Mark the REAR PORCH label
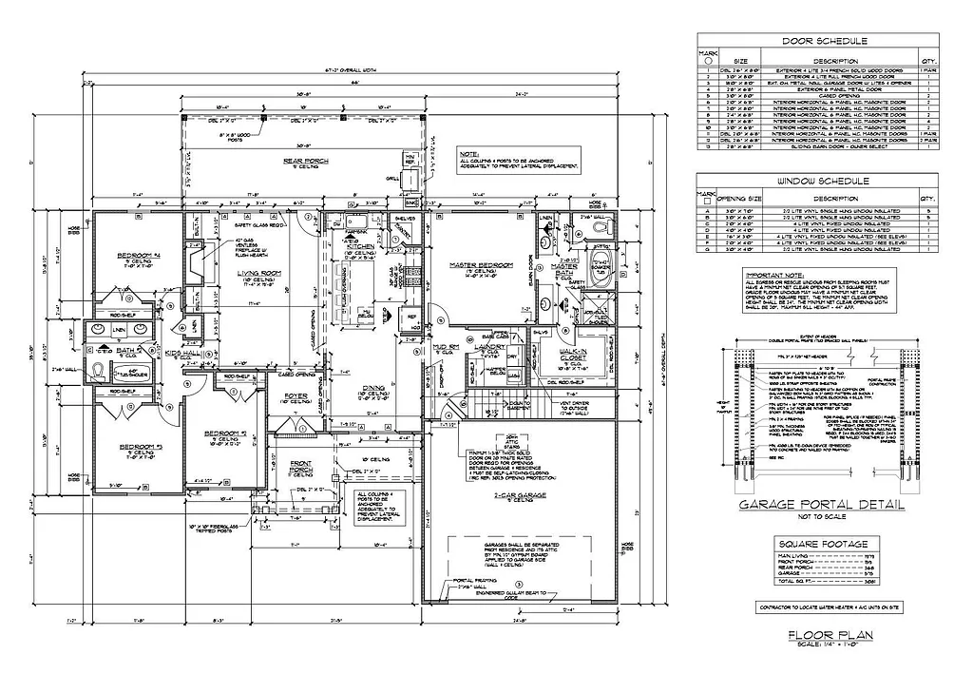(305, 162)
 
